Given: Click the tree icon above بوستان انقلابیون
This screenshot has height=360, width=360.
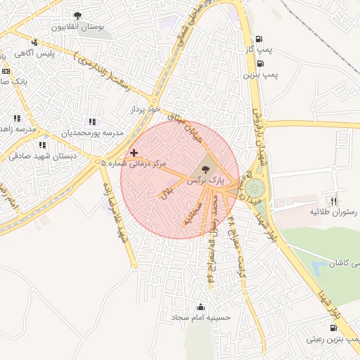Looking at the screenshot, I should [x=77, y=15].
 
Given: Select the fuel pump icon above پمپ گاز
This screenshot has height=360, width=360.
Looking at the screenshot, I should [x=260, y=39].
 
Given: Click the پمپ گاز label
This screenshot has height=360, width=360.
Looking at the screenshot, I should [x=259, y=51].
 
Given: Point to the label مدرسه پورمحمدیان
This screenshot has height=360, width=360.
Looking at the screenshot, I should [x=92, y=133].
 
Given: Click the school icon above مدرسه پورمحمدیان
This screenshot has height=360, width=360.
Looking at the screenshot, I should [x=92, y=122].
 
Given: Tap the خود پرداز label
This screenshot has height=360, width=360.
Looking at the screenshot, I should [x=146, y=110].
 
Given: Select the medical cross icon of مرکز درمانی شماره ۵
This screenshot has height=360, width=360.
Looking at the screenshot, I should [x=134, y=153].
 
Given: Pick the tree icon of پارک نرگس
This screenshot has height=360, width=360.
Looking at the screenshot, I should [x=205, y=169].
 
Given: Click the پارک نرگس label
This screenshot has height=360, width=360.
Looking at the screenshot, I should [x=205, y=181].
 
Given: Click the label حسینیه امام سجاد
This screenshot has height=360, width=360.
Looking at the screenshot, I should [x=202, y=318].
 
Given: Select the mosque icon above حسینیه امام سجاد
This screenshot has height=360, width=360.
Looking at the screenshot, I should [x=202, y=307].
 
